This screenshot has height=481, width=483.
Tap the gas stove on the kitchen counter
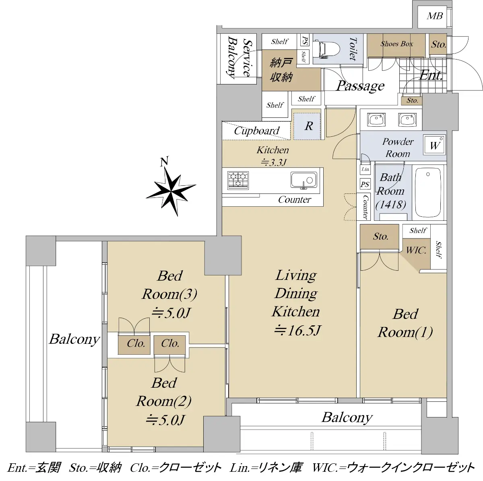[x=238, y=180]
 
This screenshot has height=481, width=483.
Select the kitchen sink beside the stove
[x=303, y=180]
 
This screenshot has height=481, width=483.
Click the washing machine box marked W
[x=434, y=145]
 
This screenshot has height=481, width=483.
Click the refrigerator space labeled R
[x=307, y=126]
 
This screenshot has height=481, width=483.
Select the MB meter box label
[x=435, y=16]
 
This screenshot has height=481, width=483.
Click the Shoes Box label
[x=396, y=44]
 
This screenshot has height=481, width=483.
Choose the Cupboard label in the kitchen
[x=257, y=131]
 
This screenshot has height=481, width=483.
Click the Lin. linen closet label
[x=365, y=169]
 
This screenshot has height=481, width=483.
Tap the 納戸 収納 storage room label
[x=281, y=70]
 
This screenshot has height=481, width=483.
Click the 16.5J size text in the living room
[x=297, y=331]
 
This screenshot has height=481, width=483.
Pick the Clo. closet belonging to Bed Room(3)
[x=136, y=343]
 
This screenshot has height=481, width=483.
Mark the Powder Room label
[x=398, y=148]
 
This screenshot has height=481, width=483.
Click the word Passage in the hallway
[x=360, y=86]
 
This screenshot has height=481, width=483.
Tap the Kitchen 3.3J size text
[x=273, y=156]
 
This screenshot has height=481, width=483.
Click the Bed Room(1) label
[x=405, y=323]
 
